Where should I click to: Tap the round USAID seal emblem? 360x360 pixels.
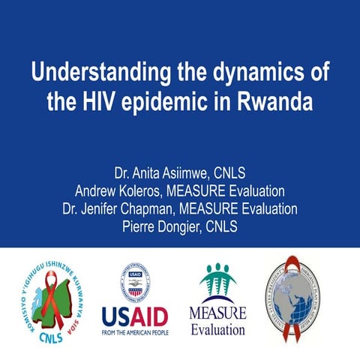[136, 282]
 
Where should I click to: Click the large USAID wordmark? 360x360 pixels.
[136, 315]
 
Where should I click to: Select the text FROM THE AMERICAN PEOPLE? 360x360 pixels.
[136, 331]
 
